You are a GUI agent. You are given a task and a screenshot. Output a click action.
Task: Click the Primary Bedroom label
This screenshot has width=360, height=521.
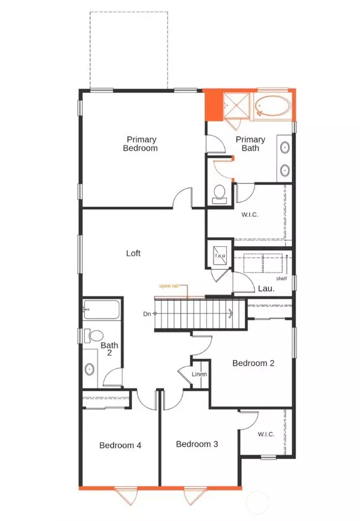(140, 143)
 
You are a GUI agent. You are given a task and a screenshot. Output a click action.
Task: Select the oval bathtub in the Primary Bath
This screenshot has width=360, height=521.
(272, 106)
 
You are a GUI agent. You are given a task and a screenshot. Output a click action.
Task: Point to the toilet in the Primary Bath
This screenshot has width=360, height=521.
(220, 193)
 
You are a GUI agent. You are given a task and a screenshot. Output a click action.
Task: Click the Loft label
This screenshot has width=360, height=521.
(133, 253)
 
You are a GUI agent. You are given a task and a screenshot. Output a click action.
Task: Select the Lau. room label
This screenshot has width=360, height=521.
(266, 289)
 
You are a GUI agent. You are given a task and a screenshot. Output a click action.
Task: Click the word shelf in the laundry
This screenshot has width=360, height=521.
(281, 279)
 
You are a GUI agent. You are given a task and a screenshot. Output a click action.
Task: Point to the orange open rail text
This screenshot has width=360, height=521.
(169, 286)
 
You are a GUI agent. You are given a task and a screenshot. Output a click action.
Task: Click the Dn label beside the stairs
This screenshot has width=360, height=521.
(146, 313)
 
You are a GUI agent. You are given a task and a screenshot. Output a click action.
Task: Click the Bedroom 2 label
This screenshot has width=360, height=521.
(253, 363)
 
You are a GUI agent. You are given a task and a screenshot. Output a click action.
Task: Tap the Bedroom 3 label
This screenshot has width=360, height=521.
(197, 444)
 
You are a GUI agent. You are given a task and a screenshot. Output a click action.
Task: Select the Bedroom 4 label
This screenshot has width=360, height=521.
(120, 445)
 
